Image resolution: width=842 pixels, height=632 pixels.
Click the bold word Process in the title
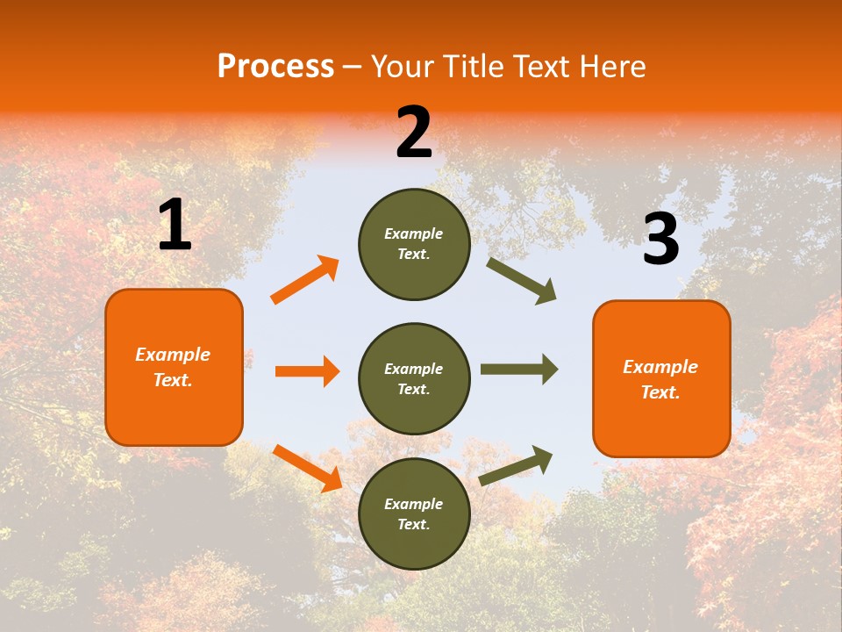coord(275,66)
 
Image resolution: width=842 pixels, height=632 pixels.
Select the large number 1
coord(175,226)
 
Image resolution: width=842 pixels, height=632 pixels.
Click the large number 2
coord(414,133)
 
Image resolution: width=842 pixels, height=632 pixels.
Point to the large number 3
coord(660,240)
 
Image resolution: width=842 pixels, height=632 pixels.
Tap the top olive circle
coord(414,244)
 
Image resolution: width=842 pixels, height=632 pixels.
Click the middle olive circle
coord(414,378)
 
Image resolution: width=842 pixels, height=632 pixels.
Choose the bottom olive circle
coord(414,513)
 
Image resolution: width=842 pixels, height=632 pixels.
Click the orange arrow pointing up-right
coord(305,280)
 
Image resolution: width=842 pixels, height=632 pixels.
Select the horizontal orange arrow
coord(307,371)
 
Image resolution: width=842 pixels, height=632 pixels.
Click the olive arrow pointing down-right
coord(522,281)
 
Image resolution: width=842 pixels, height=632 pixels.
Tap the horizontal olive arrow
coord(519,370)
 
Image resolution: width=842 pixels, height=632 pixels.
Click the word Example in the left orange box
coord(173,355)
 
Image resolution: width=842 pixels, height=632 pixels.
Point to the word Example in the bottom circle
coord(414,504)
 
